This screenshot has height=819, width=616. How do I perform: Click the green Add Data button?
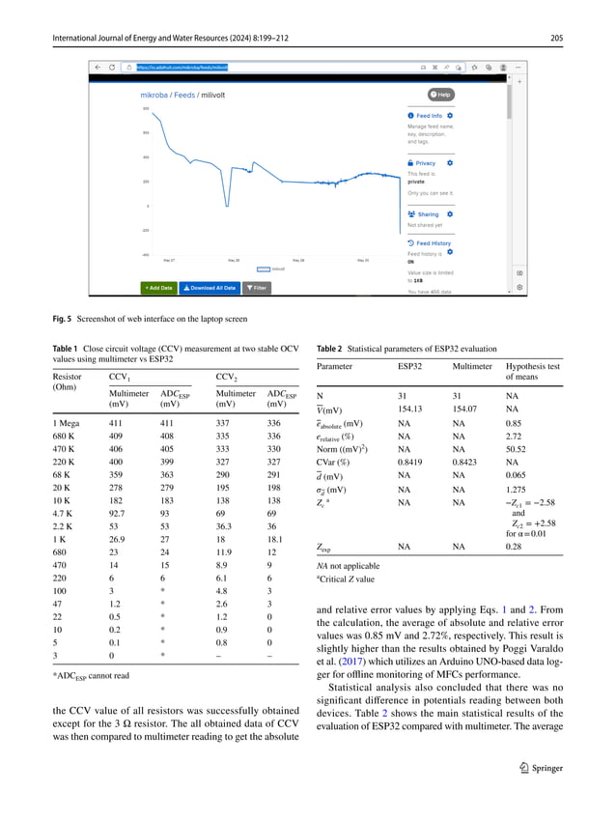pos(159,287)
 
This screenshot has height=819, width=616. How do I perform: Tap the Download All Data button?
pos(210,287)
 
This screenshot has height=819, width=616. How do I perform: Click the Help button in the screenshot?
pos(443,95)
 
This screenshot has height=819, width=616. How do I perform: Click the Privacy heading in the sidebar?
pos(425,163)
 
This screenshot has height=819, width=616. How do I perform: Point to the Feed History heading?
pos(432,243)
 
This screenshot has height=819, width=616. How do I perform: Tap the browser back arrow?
pos(98,68)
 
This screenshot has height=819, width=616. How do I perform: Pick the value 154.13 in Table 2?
pos(410,409)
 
